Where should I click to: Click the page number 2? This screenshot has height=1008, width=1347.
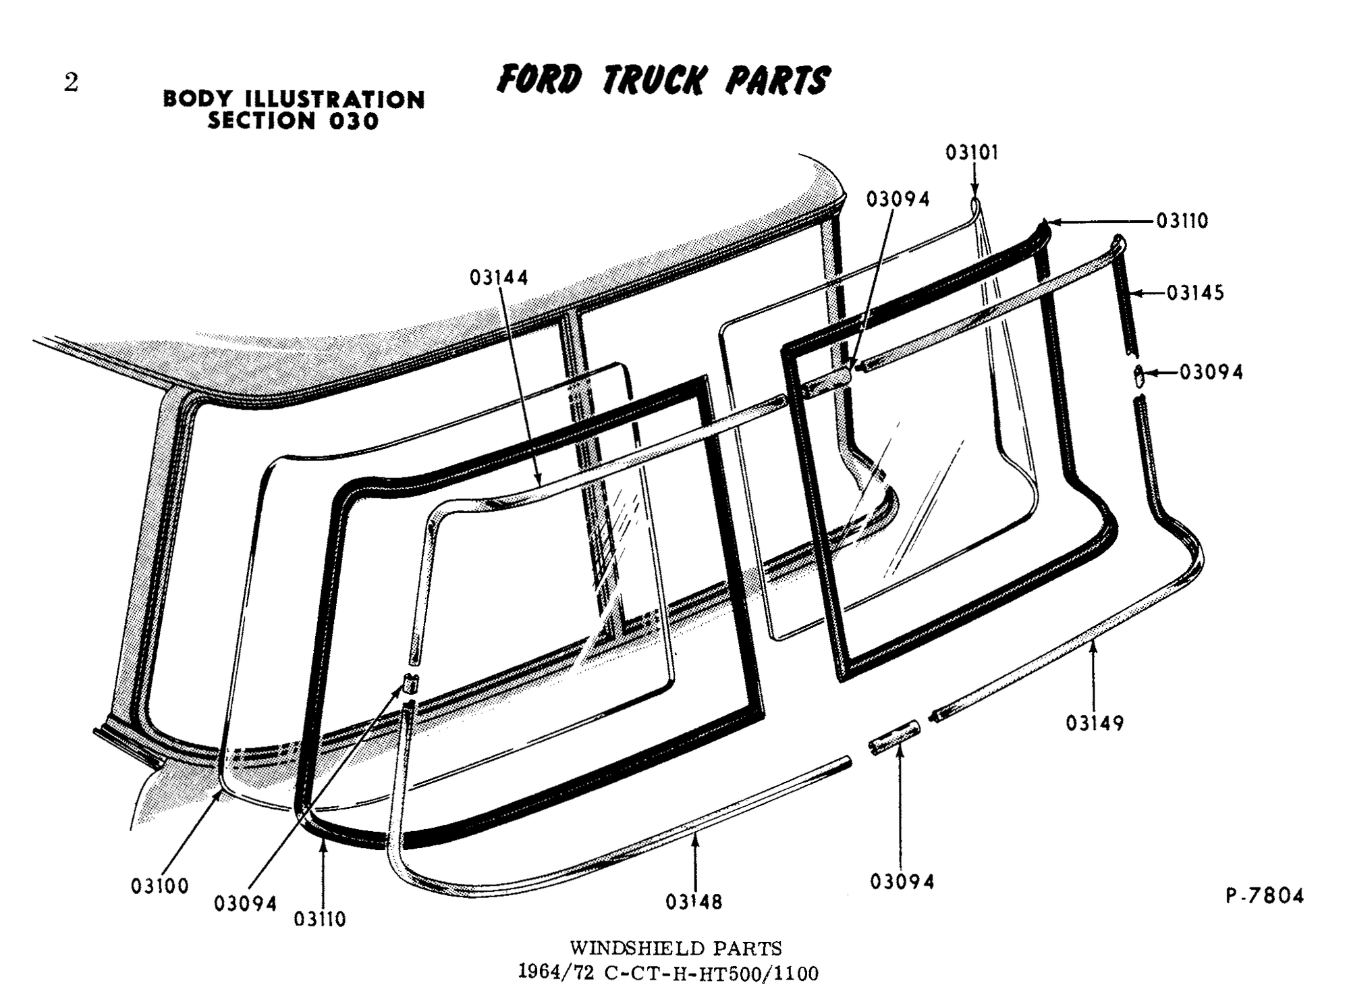pos(71,83)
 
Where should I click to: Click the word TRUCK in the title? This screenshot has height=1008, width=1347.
pos(653,80)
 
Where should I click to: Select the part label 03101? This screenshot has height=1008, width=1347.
pos(971,153)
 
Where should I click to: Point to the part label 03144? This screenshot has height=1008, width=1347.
pos(499,277)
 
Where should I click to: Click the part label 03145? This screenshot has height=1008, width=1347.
pos(1195,293)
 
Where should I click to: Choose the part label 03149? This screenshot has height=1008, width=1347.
pos(1095,723)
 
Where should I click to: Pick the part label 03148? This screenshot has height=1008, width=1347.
pos(694,901)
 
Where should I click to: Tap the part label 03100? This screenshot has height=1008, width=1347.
pos(160,886)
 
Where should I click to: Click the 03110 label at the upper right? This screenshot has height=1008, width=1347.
pos(1182,221)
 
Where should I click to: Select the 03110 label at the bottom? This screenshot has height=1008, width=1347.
pos(320,919)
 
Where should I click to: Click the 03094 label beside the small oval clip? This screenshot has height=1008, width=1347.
pos(1211,372)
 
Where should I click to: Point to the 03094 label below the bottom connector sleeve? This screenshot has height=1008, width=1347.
pos(902,882)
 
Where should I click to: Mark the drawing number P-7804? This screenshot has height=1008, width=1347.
pos(1265,896)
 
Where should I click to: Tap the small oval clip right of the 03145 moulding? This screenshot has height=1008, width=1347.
pos(1138,376)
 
